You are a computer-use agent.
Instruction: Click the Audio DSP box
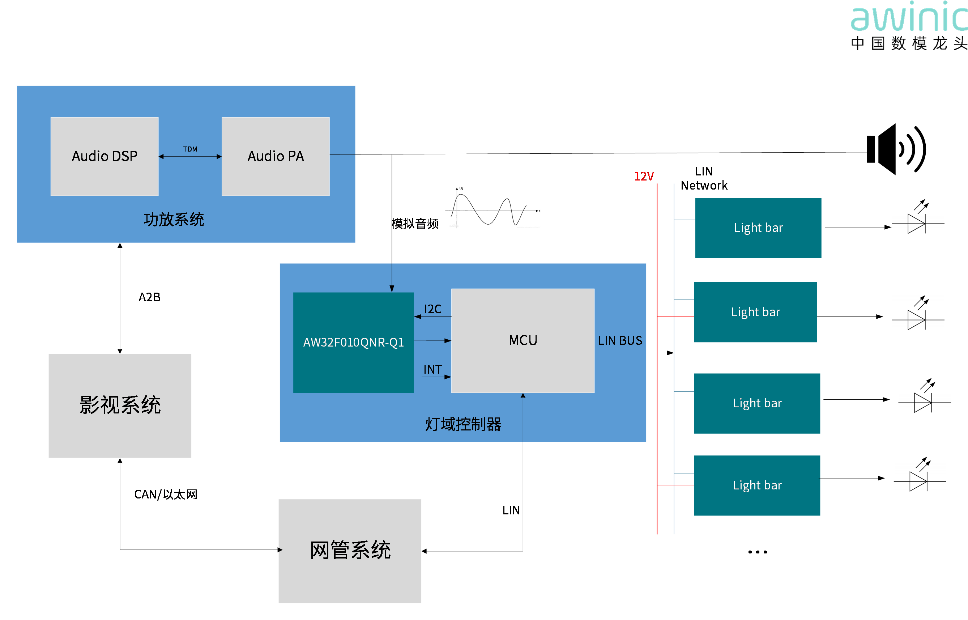104,156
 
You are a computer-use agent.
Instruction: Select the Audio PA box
276,156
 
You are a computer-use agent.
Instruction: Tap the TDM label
190,149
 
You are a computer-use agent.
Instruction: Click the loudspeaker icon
896,149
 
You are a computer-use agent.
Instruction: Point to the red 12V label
644,176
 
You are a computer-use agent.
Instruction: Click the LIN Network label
704,178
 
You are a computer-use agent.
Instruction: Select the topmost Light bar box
758,228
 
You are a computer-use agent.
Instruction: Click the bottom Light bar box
757,485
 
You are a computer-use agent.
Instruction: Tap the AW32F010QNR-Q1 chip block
353,342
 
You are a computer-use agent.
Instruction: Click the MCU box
523,341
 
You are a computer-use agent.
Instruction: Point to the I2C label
433,309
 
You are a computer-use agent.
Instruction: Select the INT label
432,369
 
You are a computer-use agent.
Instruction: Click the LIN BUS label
620,341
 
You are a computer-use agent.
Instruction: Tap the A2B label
150,297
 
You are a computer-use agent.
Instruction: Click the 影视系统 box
120,406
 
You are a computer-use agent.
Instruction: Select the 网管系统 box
350,551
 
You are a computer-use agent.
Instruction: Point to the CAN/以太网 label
166,494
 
